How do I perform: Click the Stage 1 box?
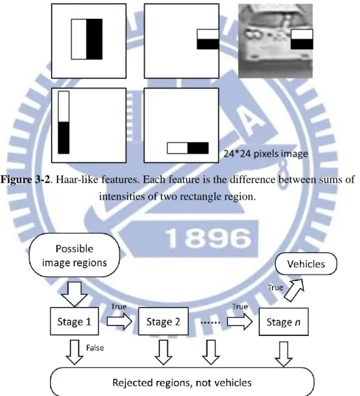(x=75, y=321)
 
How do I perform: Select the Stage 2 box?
(x=164, y=321)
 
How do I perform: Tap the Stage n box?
(x=284, y=321)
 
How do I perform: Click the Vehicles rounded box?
(x=306, y=263)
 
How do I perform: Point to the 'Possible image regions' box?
(x=75, y=255)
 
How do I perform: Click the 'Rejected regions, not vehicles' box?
(x=182, y=382)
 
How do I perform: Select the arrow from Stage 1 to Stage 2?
(x=119, y=321)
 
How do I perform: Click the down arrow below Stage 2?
(x=164, y=352)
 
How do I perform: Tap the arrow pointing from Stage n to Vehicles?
(x=294, y=290)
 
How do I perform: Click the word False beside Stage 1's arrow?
(x=95, y=348)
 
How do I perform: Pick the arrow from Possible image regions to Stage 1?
(x=75, y=294)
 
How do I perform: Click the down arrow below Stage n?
(x=284, y=354)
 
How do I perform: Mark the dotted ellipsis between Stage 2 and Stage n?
(x=210, y=323)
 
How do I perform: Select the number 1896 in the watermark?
(x=208, y=238)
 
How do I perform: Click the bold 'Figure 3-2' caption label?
(x=25, y=179)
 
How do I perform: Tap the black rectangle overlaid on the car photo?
(x=302, y=44)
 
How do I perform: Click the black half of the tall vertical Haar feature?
(x=64, y=138)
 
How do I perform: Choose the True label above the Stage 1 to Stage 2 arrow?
(x=119, y=306)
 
